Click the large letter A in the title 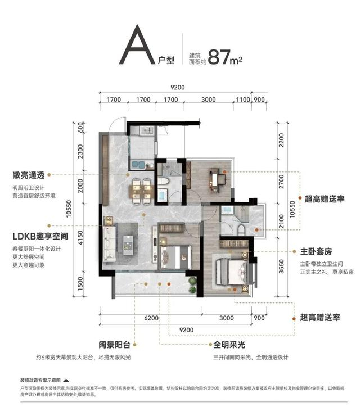pyautogui.click(x=137, y=47)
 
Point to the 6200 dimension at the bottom pyautogui.click(x=150, y=318)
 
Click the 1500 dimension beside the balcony pyautogui.click(x=80, y=290)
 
